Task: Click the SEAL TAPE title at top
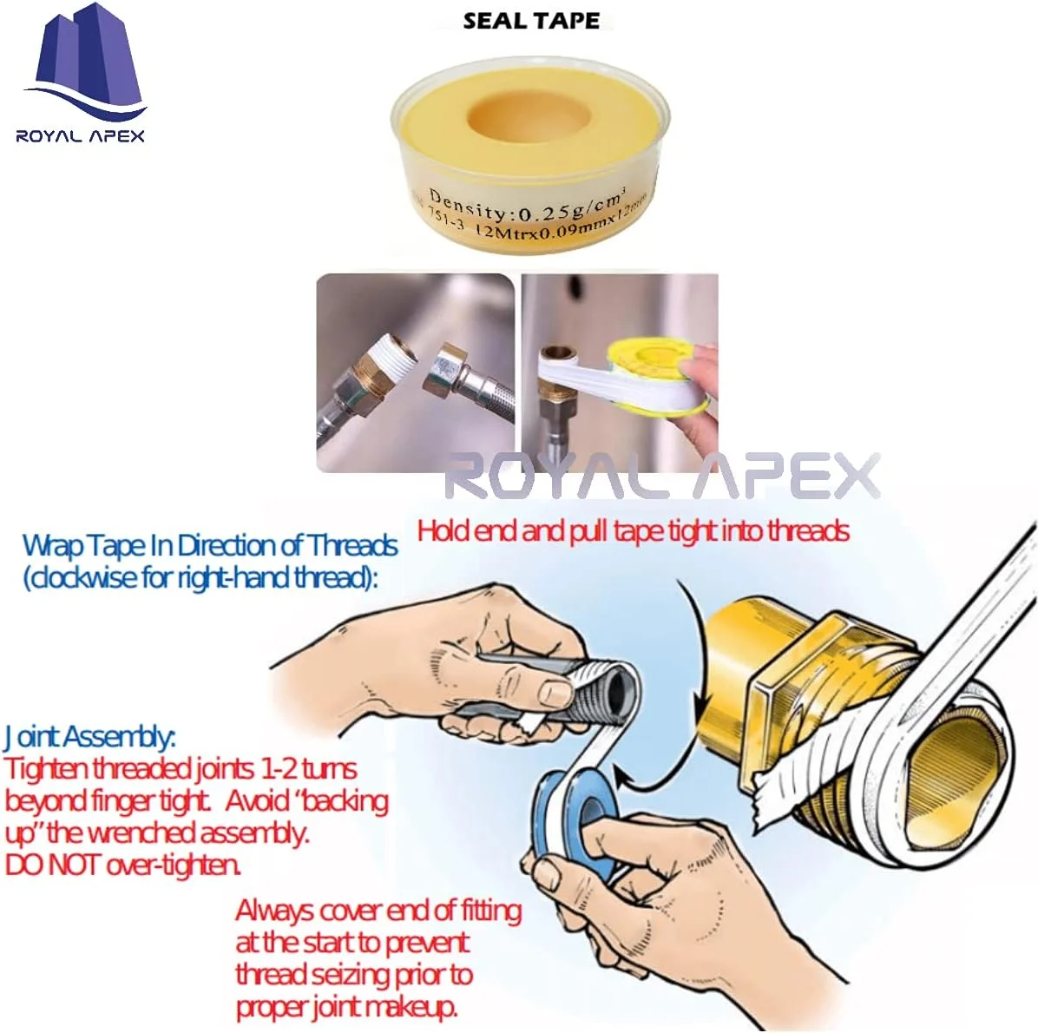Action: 530,21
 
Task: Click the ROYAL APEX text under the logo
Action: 80,135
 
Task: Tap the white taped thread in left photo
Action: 392,359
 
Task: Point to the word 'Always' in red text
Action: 274,911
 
